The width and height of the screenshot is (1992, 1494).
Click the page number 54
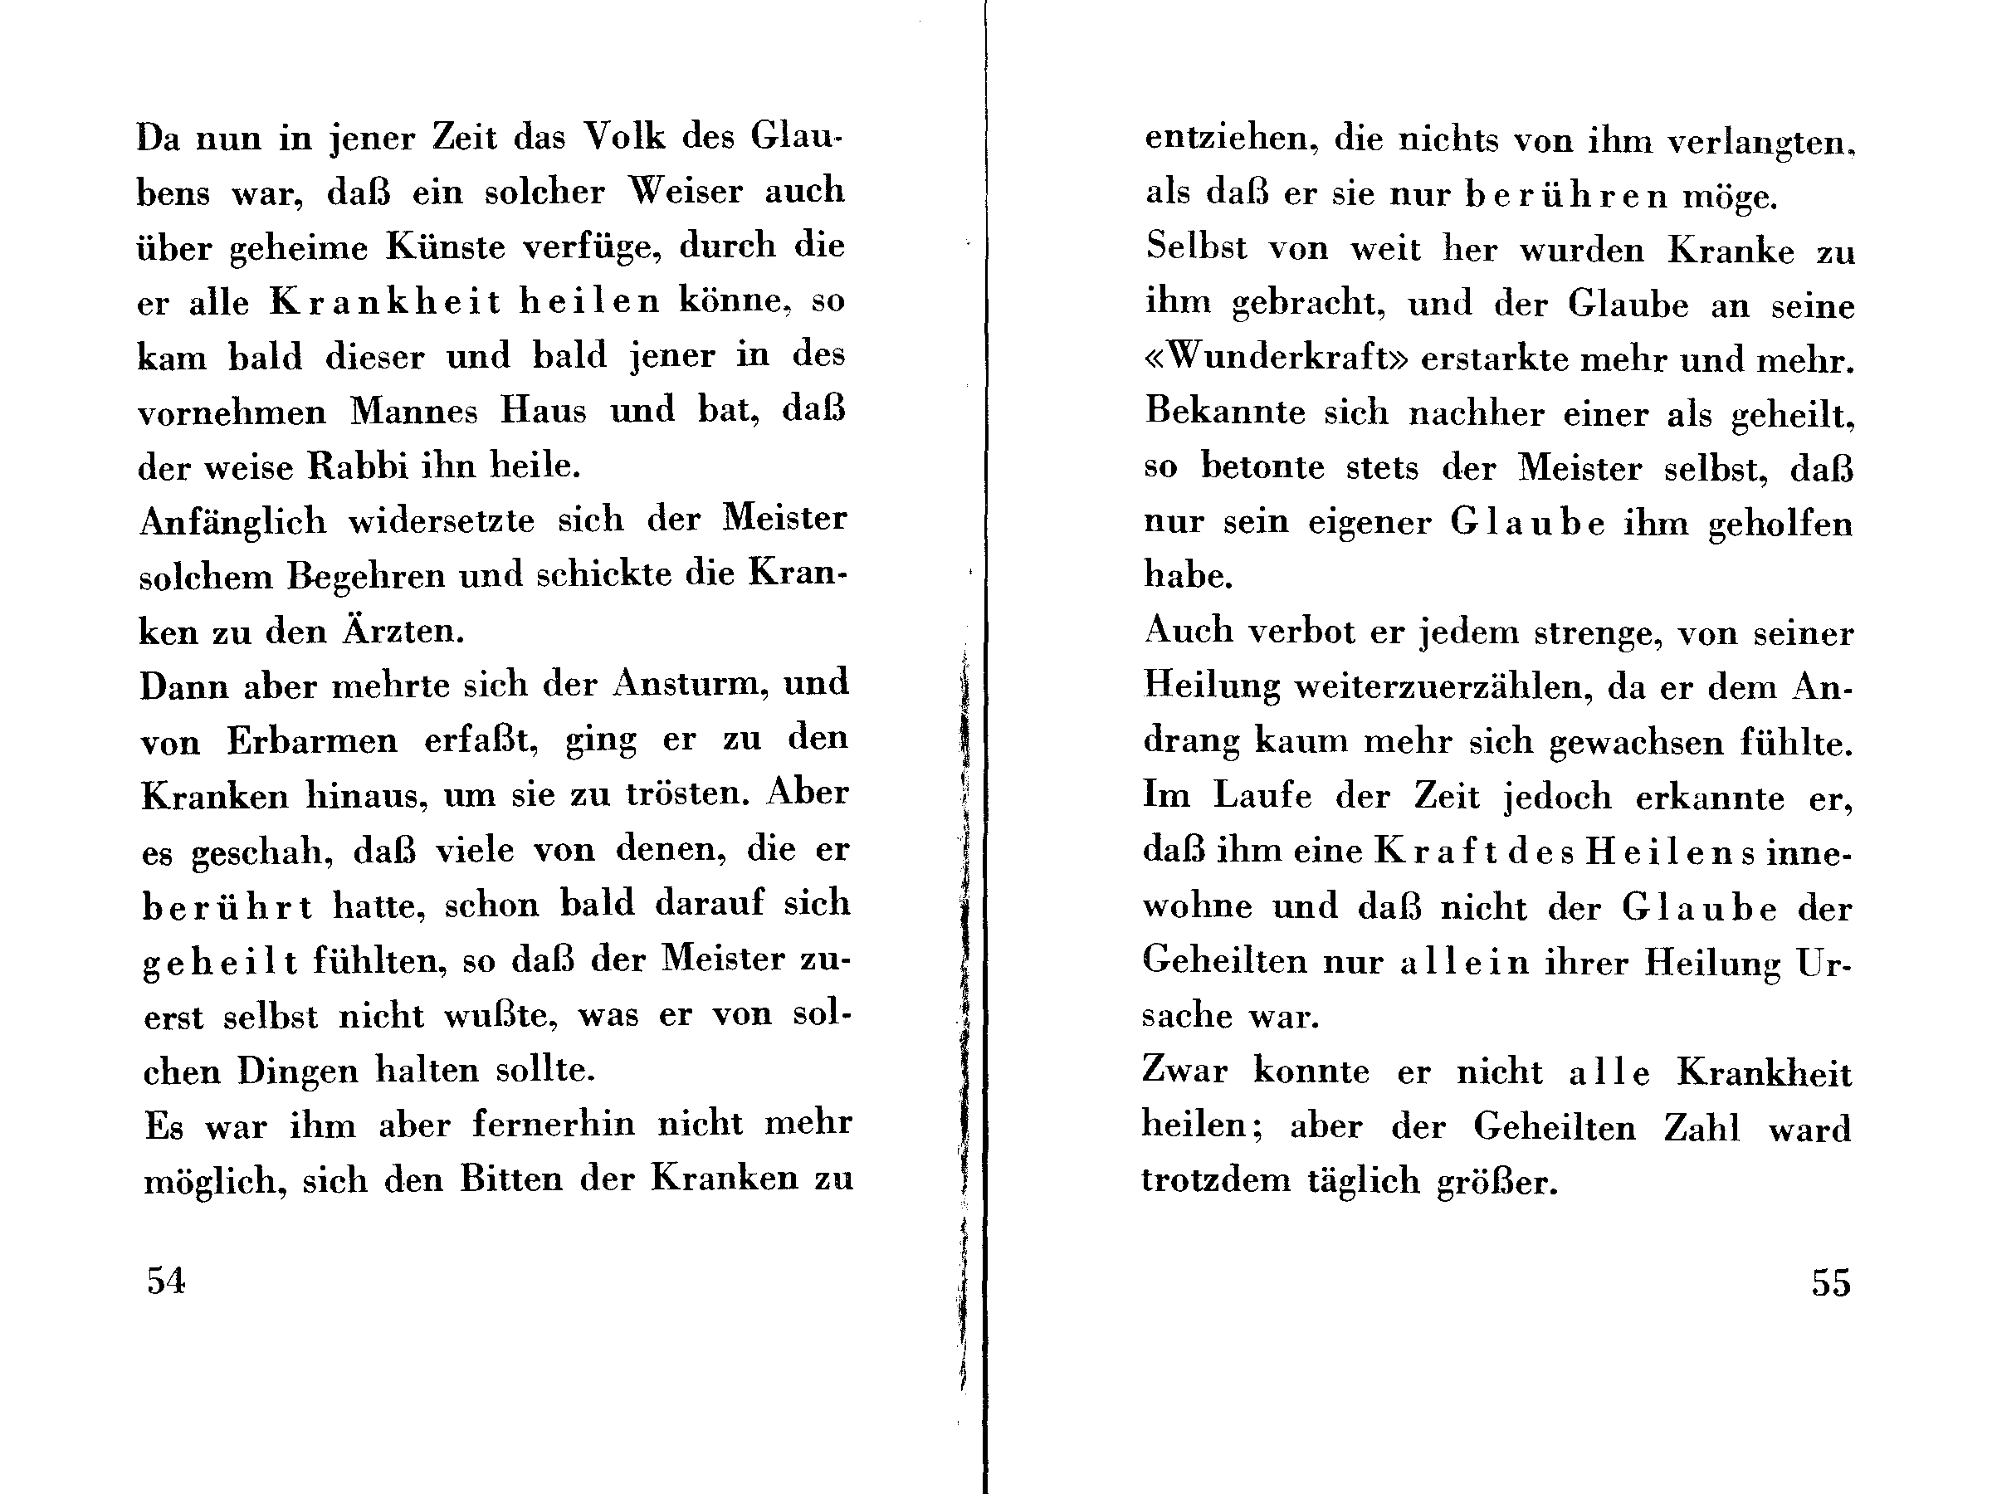click(x=167, y=1280)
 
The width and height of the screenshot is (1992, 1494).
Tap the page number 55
click(x=1831, y=1282)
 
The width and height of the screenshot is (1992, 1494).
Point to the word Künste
click(x=446, y=247)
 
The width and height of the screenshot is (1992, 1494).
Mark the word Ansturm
click(x=690, y=684)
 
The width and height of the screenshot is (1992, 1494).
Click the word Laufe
click(x=1262, y=796)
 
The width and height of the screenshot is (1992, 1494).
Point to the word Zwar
click(x=1184, y=1071)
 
